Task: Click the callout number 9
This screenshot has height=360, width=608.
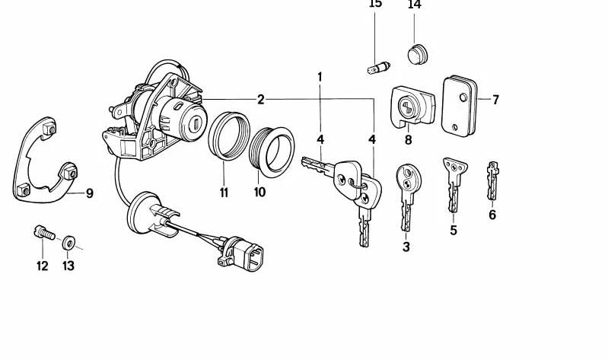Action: click(90, 193)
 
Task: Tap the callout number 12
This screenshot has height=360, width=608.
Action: click(43, 266)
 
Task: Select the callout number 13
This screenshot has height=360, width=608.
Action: click(68, 266)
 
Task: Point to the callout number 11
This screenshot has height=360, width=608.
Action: click(224, 192)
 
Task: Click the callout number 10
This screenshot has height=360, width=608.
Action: click(259, 192)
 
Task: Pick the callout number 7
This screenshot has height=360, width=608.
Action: click(495, 100)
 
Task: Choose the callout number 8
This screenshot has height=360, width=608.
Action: click(408, 140)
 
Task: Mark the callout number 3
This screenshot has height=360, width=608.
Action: click(406, 247)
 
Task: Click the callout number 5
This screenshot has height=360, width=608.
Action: click(454, 230)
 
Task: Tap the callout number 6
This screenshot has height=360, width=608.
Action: click(492, 215)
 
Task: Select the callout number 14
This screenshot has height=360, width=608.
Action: click(414, 5)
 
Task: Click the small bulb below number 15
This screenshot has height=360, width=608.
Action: click(378, 68)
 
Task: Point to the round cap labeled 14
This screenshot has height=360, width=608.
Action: click(417, 54)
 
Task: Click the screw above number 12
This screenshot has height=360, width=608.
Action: click(44, 232)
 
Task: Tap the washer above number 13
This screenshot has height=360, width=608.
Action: click(69, 243)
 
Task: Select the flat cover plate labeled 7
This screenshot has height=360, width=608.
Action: click(459, 106)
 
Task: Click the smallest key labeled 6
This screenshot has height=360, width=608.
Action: click(492, 180)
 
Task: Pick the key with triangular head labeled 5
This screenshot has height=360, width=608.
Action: click(454, 184)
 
